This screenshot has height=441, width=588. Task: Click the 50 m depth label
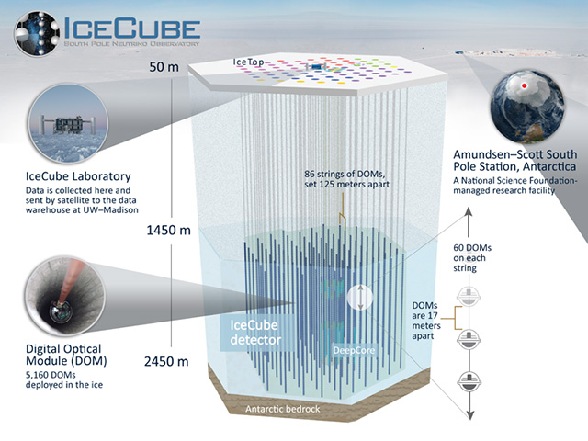click(x=164, y=67)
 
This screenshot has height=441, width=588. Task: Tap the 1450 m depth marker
click(x=168, y=230)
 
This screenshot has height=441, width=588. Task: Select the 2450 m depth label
click(x=166, y=361)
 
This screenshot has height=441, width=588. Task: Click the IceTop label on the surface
click(x=248, y=62)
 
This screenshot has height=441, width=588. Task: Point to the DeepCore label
click(x=354, y=350)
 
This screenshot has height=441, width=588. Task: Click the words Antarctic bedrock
click(x=283, y=409)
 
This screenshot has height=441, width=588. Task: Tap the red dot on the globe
click(x=525, y=85)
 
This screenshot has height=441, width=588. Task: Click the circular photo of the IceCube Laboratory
click(x=68, y=123)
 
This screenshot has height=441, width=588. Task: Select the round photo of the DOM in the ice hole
click(x=65, y=296)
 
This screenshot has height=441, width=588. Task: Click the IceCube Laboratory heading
click(x=78, y=176)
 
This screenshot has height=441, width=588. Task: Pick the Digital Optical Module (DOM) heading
click(x=66, y=355)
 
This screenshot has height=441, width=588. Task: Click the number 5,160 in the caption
click(x=37, y=375)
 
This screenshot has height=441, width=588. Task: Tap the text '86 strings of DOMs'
click(x=345, y=174)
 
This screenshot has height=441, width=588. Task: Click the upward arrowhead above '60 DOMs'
click(x=469, y=212)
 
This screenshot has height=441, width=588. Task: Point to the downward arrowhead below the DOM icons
click(x=469, y=414)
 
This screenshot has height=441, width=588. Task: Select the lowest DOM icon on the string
click(x=469, y=381)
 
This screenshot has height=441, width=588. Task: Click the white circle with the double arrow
click(x=360, y=298)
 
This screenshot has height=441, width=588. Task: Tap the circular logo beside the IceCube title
click(x=37, y=34)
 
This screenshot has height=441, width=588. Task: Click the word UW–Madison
click(x=114, y=210)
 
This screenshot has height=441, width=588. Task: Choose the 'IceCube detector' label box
click(x=255, y=333)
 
